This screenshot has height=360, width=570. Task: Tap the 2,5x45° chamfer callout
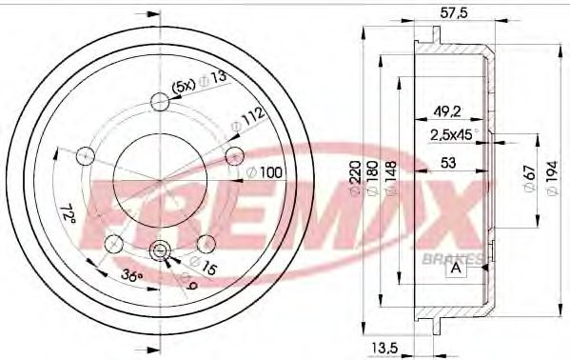pos(451,133)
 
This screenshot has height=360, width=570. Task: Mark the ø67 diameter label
pos(530,177)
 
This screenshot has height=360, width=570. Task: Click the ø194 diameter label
pos(552,177)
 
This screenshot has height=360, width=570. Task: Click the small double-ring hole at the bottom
pos(160,250)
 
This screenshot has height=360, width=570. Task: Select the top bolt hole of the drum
pos(161,100)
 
